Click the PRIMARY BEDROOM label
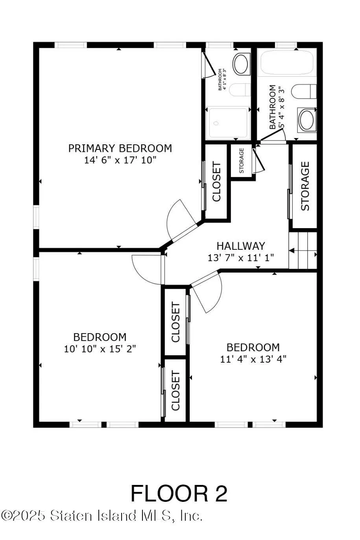tap(120, 148)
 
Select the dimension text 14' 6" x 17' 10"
tap(120, 160)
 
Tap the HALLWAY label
tap(241, 246)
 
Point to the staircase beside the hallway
tap(303, 250)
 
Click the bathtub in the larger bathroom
tap(287, 62)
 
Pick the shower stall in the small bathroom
tap(228, 123)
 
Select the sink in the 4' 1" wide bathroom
tap(240, 64)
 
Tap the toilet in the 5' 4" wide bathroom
tap(304, 92)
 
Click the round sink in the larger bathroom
tap(307, 120)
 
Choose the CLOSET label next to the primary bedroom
tap(217, 182)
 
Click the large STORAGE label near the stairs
tap(305, 186)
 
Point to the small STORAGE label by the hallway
tap(242, 160)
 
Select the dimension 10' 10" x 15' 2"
tap(100, 348)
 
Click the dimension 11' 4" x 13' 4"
tap(253, 359)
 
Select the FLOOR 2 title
tap(179, 493)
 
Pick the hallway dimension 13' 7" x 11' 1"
tap(241, 258)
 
